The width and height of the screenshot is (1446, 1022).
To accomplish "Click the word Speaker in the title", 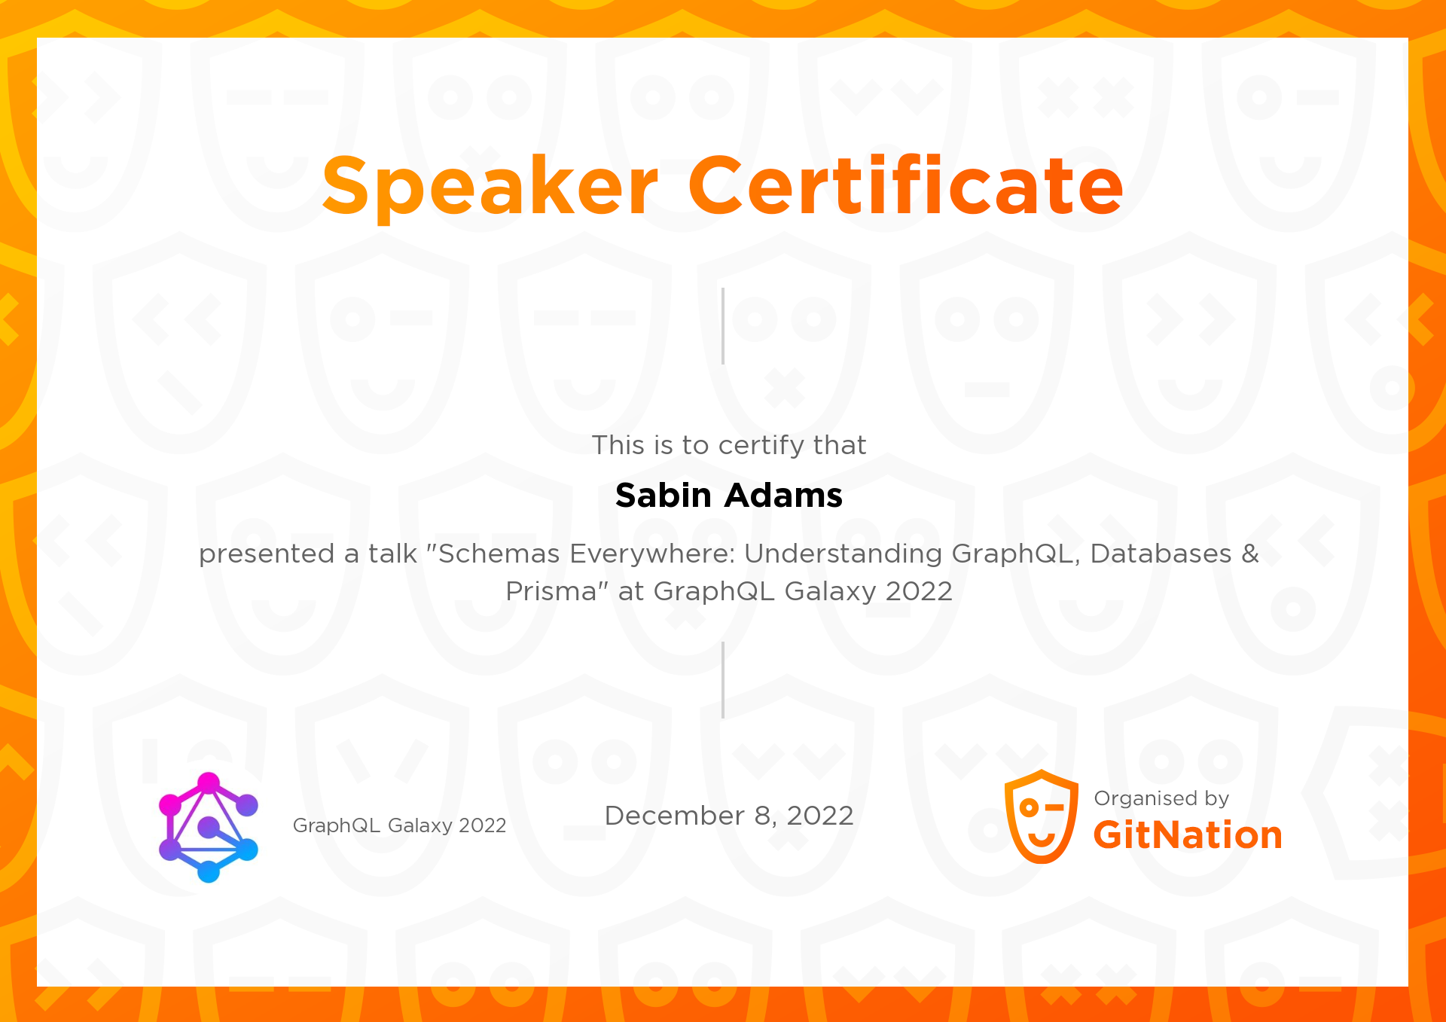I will coord(490,186).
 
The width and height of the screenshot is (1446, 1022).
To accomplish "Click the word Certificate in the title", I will coord(905,186).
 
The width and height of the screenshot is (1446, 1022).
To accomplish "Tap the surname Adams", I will coord(784,496).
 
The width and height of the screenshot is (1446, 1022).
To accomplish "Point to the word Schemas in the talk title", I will coord(499,554).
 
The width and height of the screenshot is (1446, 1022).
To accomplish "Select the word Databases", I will coord(1161,554).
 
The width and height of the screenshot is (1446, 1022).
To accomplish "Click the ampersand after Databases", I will coord(1250,554).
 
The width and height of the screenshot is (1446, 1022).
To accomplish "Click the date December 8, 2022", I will coord(728,816).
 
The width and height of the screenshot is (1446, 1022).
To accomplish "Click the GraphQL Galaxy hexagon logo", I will coord(209,827).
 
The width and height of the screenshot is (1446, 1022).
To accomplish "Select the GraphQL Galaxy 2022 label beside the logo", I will coord(399,825).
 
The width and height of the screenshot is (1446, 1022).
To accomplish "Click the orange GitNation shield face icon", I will coord(1042,816).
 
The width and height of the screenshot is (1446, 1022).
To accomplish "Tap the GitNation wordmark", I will coord(1188,835).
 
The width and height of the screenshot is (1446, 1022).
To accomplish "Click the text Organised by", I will coord(1161,798).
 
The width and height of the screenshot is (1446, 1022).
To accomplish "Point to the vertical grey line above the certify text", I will coord(723,325).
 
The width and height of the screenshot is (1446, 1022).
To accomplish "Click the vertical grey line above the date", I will coord(723,680).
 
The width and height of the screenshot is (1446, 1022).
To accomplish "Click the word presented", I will coord(267,554).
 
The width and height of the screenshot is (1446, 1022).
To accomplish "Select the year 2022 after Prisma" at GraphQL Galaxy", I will coord(919,591).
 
